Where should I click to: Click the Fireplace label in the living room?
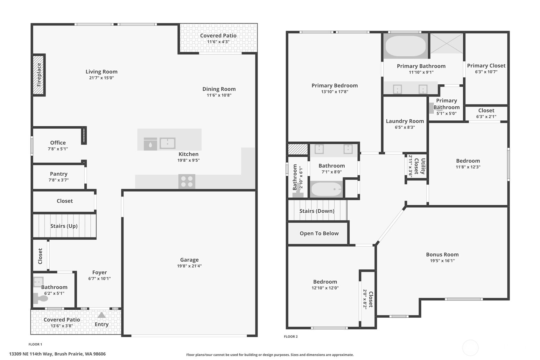click(39, 75)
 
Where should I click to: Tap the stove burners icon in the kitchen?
click(187, 181)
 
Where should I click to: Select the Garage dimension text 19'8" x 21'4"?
click(189, 266)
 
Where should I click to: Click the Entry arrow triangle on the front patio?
click(102, 315)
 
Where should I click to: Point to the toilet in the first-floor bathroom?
click(41, 299)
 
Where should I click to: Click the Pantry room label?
click(59, 174)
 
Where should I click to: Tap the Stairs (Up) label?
click(64, 226)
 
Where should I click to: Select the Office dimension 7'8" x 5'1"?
click(58, 149)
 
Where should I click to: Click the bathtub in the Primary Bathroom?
click(405, 46)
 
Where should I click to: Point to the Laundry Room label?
click(405, 121)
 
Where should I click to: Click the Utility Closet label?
click(420, 166)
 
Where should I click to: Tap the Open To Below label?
click(319, 233)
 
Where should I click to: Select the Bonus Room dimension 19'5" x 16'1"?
click(442, 261)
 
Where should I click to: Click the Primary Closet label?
click(486, 66)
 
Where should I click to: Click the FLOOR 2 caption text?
click(291, 336)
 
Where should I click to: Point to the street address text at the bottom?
click(57, 354)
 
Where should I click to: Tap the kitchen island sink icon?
click(167, 143)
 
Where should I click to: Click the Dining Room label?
click(219, 89)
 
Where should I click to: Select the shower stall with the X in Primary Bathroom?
click(447, 43)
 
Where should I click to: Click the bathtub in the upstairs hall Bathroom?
click(326, 189)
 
